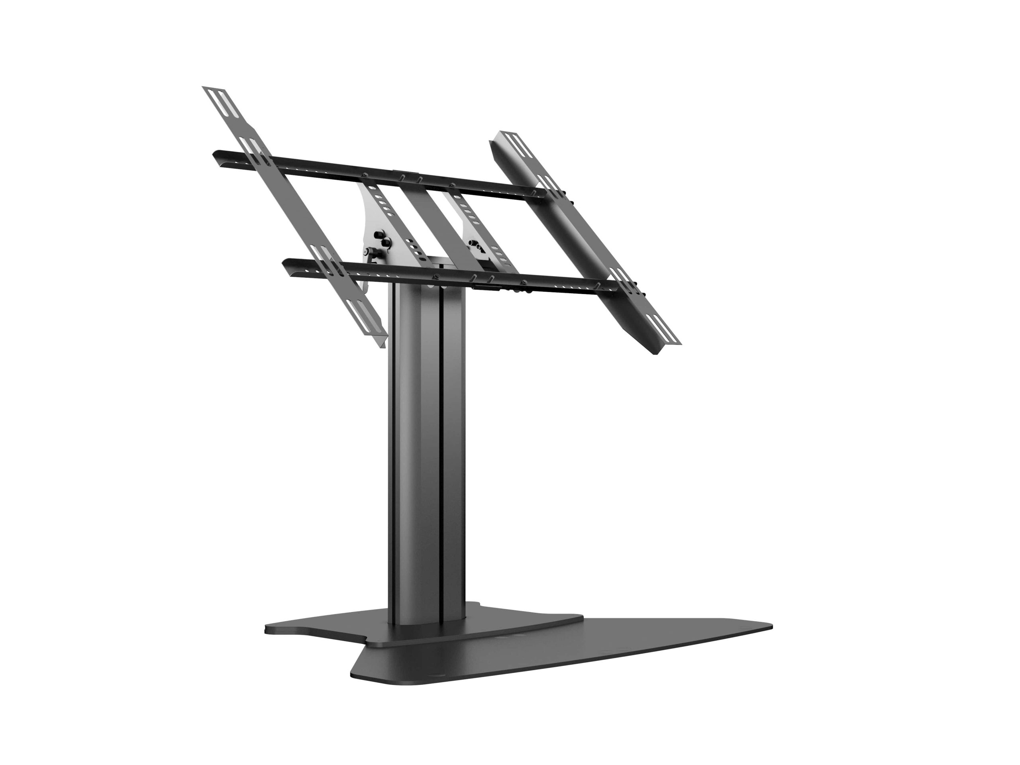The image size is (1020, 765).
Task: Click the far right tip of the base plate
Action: coord(771,627)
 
